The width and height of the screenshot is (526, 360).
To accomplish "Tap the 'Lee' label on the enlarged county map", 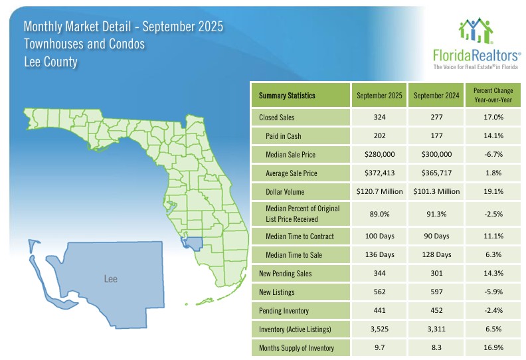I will coord(111,279).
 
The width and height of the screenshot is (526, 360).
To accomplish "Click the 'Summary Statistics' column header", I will coord(286,96).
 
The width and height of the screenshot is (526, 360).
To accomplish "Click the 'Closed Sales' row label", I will coord(277,118).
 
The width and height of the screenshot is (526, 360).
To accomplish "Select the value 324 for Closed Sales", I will coord(379,118).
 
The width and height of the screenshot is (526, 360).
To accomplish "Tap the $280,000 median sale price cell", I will coord(379,155).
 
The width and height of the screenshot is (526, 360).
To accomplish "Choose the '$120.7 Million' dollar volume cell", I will coord(379,192).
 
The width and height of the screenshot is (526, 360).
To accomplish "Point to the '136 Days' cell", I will coord(379,254).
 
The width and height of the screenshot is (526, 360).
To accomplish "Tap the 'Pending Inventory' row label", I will coord(286,310).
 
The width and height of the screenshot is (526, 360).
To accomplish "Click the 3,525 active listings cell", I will coord(379,329).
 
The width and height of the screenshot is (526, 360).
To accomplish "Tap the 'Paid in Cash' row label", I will coord(284,136).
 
